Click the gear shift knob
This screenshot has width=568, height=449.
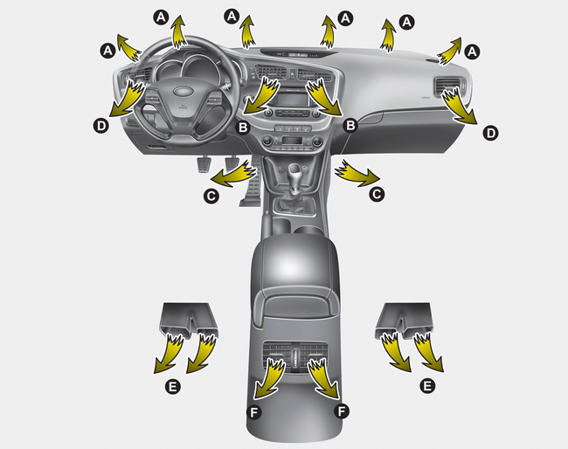(294, 170)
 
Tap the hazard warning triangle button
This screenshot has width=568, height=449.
(291, 74)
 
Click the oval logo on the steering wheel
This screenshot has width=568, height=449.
(184, 91)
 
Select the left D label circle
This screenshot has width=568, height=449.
(101, 126)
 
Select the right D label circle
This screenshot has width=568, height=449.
(490, 133)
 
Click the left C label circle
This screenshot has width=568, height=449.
(211, 196)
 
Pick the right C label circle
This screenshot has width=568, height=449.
(377, 195)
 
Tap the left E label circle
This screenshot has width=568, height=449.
(173, 386)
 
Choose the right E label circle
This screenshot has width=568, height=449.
(427, 385)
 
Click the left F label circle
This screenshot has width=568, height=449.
(254, 411)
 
